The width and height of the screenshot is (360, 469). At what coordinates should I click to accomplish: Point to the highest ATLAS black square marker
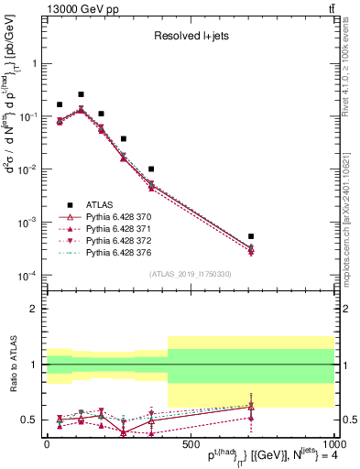[x=81, y=94]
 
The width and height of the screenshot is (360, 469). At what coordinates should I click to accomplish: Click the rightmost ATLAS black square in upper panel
[x=251, y=236]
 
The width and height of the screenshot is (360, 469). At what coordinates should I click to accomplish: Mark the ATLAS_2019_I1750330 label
[x=190, y=274]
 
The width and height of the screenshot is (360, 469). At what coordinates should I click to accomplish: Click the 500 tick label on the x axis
[x=190, y=444]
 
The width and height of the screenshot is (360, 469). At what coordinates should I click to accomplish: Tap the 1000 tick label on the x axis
[x=332, y=444]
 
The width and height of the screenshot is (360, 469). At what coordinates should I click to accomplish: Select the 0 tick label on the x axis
[x=47, y=444]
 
